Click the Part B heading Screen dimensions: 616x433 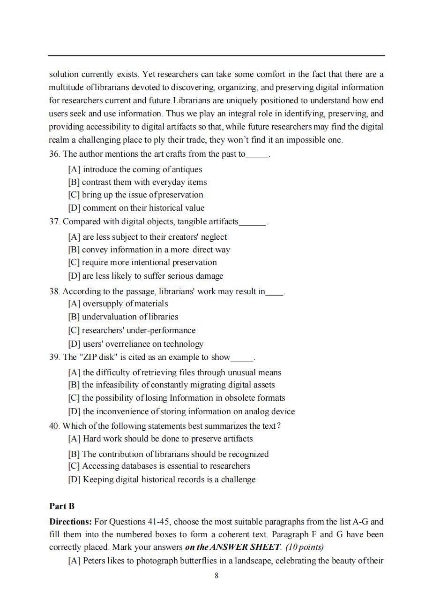[62, 506]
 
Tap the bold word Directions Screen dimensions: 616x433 [70, 522]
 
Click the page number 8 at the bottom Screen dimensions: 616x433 [216, 576]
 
